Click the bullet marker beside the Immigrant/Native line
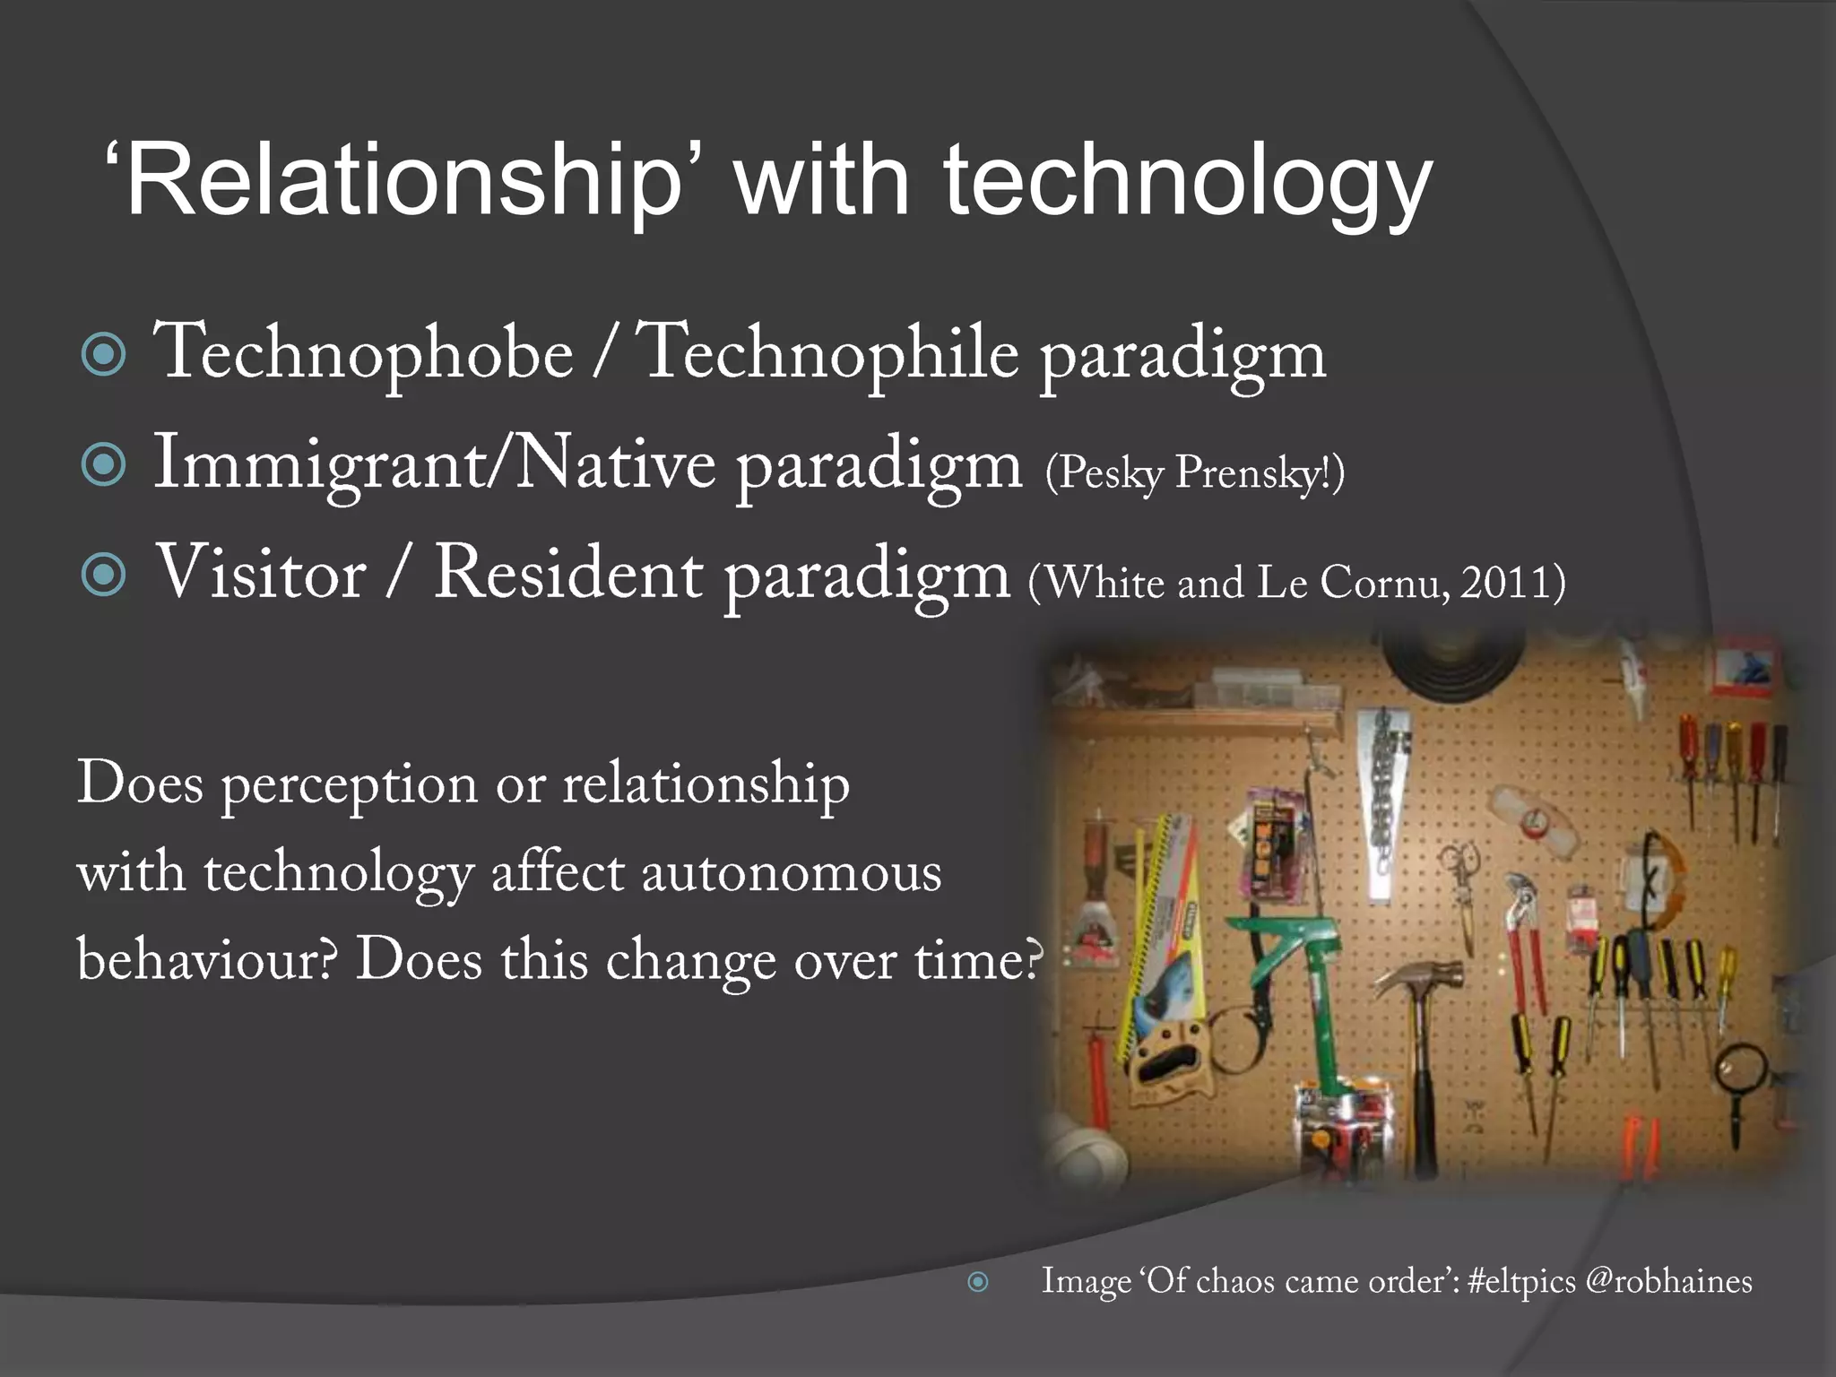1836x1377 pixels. tap(104, 465)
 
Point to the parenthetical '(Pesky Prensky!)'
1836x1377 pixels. tap(1194, 472)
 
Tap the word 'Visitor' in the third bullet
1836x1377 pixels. tap(261, 574)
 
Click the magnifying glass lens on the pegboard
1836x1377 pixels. tap(1740, 1069)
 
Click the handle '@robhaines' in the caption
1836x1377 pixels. tap(1668, 1281)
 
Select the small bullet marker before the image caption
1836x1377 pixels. tap(978, 1282)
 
